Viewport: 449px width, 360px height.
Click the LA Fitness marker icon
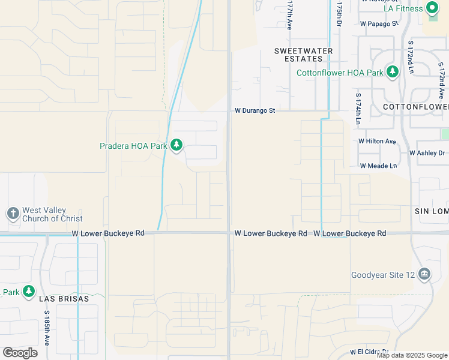pos(432,8)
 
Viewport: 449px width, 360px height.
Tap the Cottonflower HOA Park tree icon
pos(393,73)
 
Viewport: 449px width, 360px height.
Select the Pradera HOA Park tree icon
pos(176,145)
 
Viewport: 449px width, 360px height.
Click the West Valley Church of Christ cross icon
pos(13,214)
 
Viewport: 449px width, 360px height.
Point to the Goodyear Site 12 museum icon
pos(425,275)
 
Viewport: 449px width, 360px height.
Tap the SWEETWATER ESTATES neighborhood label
pos(303,55)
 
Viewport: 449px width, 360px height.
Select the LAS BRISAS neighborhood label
pos(64,298)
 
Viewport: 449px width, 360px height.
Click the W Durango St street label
pos(255,110)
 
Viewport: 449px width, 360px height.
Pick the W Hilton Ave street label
pos(378,141)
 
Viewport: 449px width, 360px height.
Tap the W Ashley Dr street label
pos(429,153)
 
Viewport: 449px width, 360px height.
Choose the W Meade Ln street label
pos(379,166)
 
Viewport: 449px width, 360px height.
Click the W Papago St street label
pos(379,23)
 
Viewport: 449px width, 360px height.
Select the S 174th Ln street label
pos(358,109)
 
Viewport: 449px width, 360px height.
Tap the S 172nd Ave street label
pos(441,83)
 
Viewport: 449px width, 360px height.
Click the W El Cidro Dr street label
pos(369,352)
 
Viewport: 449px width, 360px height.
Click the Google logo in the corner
pos(20,352)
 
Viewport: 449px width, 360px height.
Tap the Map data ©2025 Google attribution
pos(412,355)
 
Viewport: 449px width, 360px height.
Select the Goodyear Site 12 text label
pos(384,275)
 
